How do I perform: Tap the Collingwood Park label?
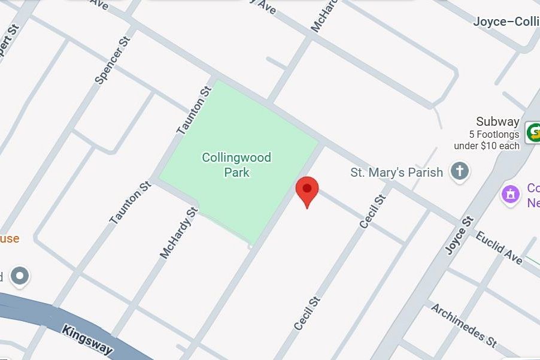pos(236,165)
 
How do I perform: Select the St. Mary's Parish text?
pos(396,173)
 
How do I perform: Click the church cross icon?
pos(460,171)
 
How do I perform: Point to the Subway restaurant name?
pos(497,122)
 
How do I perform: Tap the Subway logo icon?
pos(533,132)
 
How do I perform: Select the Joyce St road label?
pos(460,235)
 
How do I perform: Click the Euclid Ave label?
pos(499,247)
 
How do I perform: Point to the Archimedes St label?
pos(464,325)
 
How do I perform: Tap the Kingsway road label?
pos(87,339)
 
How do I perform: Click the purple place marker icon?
pos(511,194)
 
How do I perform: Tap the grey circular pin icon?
pos(20,276)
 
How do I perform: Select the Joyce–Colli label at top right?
pos(506,22)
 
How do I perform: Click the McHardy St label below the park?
pos(178,233)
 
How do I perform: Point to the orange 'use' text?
pos(9,239)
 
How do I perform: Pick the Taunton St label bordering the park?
pos(194,110)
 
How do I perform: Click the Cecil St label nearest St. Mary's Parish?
pos(372,210)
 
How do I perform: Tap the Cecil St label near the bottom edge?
pos(308,313)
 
